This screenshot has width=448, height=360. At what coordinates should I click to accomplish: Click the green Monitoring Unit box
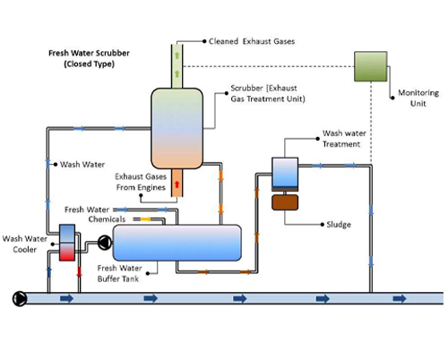(x=371, y=66)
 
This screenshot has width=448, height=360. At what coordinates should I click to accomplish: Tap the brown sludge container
(x=285, y=202)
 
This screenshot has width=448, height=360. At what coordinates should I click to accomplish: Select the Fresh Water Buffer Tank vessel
(x=177, y=243)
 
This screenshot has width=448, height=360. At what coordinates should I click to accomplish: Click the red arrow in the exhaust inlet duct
(x=177, y=184)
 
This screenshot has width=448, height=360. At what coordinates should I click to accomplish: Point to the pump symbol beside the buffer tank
(x=105, y=243)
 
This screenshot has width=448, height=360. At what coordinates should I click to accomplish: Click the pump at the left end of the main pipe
(x=20, y=298)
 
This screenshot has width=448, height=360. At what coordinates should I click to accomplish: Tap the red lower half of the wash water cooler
(x=67, y=252)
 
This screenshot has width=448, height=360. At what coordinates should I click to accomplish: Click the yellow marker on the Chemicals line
(x=146, y=219)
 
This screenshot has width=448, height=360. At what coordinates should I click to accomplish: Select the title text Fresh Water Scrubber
(x=89, y=53)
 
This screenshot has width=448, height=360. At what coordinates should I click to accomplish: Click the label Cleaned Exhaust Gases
(x=252, y=41)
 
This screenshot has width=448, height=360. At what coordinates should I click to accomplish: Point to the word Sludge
(x=339, y=225)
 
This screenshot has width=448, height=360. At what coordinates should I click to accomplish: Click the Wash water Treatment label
(x=344, y=139)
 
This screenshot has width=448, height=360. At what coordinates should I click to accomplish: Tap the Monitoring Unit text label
(x=418, y=98)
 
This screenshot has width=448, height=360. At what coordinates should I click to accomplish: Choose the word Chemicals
(x=107, y=219)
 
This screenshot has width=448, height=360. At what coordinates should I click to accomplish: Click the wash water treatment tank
(x=285, y=174)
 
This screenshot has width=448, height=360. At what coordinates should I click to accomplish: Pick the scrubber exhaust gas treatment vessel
(x=177, y=128)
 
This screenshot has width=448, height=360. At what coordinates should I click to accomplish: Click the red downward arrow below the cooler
(x=79, y=272)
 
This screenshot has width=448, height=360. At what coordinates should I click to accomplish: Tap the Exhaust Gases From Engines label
(x=141, y=182)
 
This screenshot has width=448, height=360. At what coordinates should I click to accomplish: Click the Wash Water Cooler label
(x=25, y=244)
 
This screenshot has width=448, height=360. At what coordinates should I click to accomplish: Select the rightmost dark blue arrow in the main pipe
(x=400, y=298)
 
